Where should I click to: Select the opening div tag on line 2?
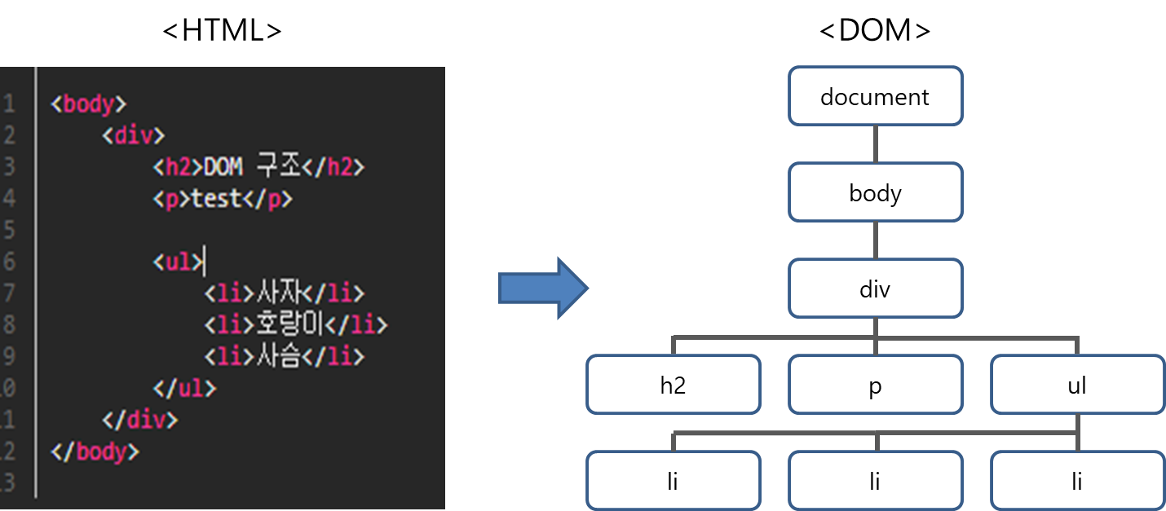(134, 135)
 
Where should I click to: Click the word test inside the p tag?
(216, 199)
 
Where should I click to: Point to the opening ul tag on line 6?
(179, 262)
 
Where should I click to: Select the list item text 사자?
(280, 293)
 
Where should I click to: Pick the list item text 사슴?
(280, 357)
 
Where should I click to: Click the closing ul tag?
(185, 389)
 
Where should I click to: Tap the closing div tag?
(140, 421)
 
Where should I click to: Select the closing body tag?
(95, 452)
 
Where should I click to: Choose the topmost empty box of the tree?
(875, 96)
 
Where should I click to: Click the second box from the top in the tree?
(875, 192)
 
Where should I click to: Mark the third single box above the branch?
(875, 289)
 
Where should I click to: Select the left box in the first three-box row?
(673, 385)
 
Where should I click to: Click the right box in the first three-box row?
(1077, 385)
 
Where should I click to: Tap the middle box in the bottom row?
(875, 480)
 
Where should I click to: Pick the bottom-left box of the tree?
(673, 480)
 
